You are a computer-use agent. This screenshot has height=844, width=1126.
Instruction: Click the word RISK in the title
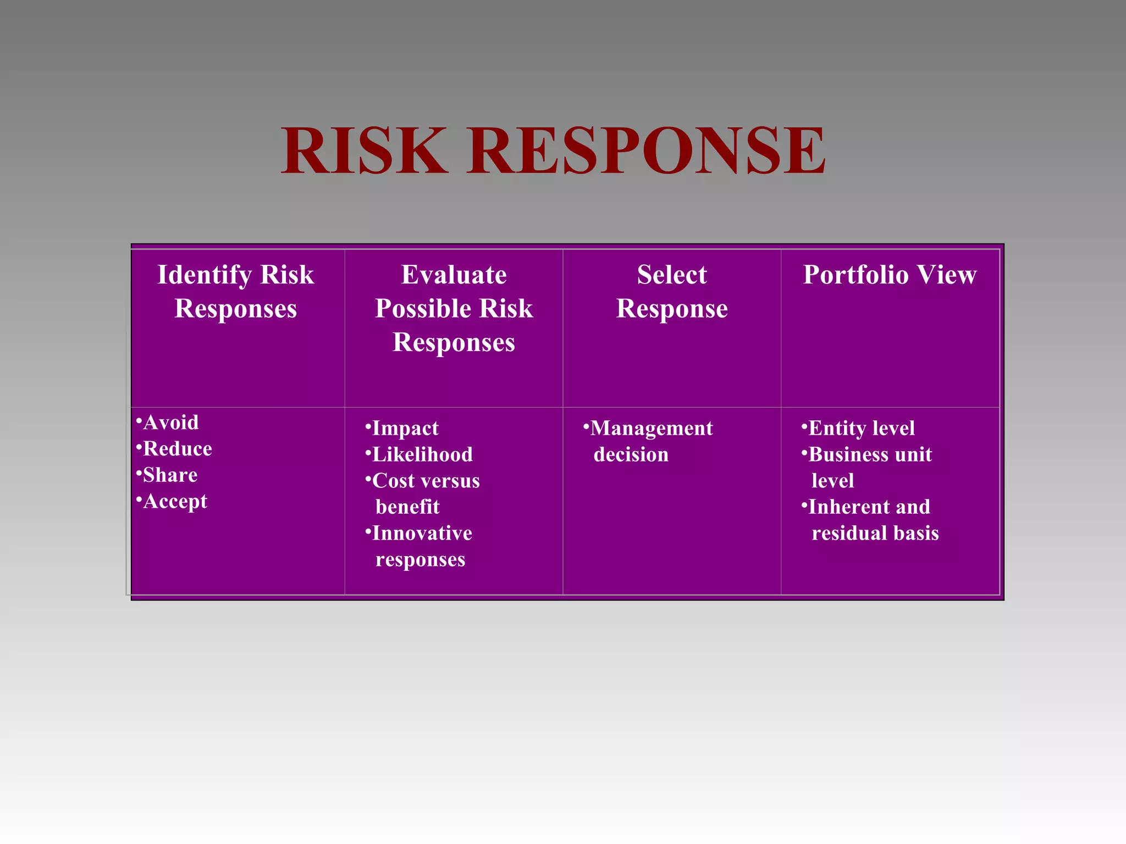coord(364,150)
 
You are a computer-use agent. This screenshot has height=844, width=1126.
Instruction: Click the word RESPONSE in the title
coord(647,150)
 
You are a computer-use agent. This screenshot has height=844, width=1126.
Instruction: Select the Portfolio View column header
coord(890,275)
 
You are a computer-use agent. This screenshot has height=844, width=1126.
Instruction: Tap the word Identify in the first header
coord(204,275)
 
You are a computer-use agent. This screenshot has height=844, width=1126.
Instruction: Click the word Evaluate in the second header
coord(454,275)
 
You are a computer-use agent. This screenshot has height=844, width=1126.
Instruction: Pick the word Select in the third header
coord(672,275)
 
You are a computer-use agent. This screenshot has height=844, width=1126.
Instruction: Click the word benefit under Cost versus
coord(407,507)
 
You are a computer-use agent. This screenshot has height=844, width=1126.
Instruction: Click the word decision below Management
coord(631,455)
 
